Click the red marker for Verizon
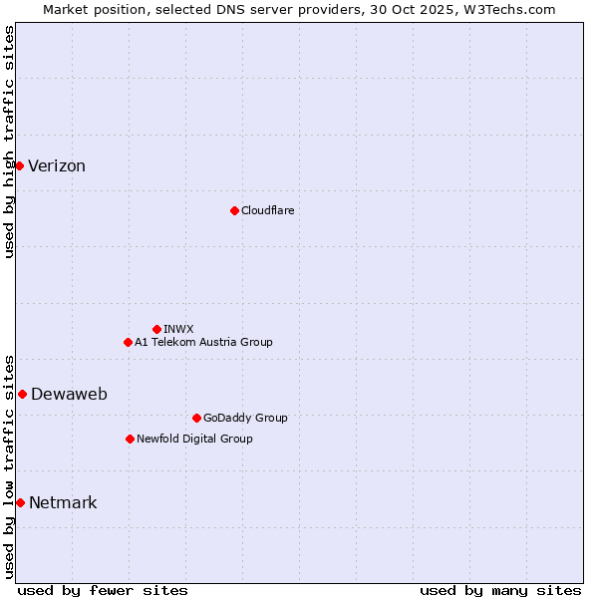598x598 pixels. point(19,165)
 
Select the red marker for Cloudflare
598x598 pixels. point(234,210)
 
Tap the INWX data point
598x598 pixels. point(156,329)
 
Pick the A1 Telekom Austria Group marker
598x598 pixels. point(128,342)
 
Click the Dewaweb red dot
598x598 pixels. point(22,394)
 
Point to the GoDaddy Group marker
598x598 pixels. point(196,418)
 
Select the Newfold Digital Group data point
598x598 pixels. point(130,439)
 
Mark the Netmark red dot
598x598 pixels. point(20,502)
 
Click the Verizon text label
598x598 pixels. point(57,166)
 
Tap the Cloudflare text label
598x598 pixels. point(267,210)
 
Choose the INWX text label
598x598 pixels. point(178,329)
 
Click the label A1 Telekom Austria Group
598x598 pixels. point(203,342)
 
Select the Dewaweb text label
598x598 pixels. point(69,395)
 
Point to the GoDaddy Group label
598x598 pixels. point(245,418)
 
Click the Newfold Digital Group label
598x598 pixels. point(194,439)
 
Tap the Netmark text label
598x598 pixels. point(63,503)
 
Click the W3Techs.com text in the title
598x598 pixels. point(507,9)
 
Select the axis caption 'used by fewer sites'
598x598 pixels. point(103,590)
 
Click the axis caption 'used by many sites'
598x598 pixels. point(500,590)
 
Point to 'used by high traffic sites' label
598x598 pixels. point(9,142)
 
